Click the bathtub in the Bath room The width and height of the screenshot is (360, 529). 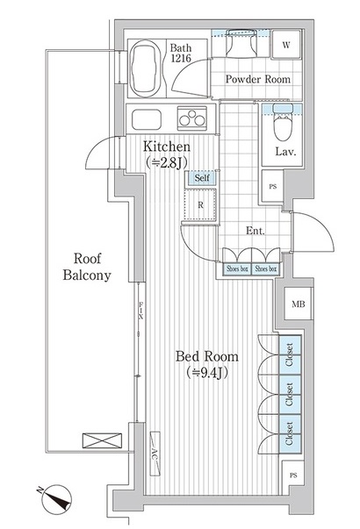[x=146, y=68]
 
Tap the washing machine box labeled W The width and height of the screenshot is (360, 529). [x=286, y=44]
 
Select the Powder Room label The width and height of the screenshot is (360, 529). [x=257, y=79]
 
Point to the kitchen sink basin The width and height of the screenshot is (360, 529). [x=147, y=119]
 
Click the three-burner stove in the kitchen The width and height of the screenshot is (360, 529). [x=192, y=118]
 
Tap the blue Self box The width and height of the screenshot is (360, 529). [x=202, y=178]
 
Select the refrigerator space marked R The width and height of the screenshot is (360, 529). [x=200, y=204]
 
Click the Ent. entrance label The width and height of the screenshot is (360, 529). [x=255, y=231]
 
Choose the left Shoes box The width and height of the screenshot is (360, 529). [x=237, y=268]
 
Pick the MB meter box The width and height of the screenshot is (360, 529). [x=299, y=304]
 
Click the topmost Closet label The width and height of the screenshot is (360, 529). [x=290, y=354]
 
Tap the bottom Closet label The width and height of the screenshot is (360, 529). [x=289, y=433]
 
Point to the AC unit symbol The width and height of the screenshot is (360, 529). [x=155, y=454]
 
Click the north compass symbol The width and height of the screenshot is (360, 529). [x=55, y=499]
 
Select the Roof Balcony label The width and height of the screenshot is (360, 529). [x=87, y=267]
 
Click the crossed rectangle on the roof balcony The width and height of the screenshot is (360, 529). [x=102, y=441]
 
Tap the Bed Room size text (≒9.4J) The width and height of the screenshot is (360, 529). [x=207, y=373]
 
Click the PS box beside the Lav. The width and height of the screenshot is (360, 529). [x=273, y=186]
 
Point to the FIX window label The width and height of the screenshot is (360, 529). [x=140, y=311]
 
